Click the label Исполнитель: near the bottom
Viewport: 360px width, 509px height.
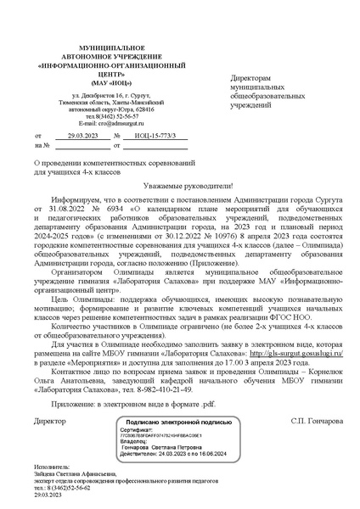[x=49, y=467]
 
